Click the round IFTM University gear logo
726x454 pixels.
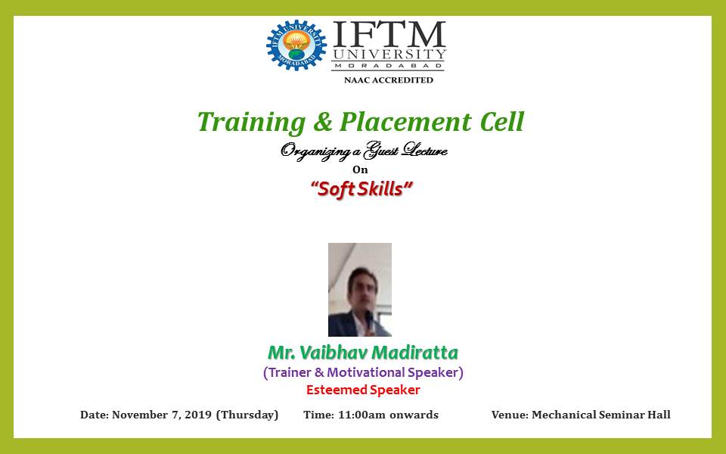(296, 45)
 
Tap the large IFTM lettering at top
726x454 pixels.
(389, 34)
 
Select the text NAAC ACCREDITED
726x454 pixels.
(389, 80)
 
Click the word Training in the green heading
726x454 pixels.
(251, 123)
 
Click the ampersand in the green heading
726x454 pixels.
(323, 122)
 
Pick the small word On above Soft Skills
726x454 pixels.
(360, 169)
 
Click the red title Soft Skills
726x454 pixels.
(361, 189)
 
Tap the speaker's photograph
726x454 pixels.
(360, 290)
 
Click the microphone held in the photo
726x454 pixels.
(370, 320)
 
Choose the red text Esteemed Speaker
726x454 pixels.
(363, 390)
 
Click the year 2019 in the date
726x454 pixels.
(198, 415)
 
